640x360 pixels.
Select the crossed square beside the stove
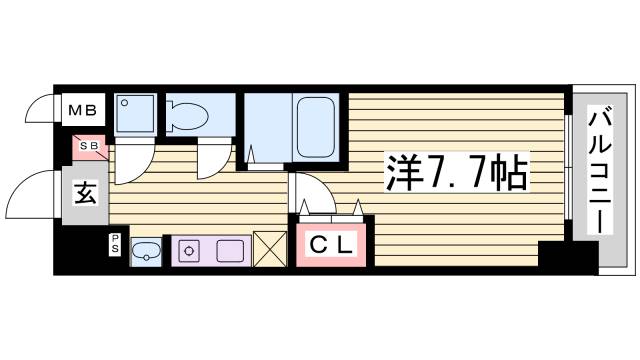tap(270, 248)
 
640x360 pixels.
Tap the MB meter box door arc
tap(40, 108)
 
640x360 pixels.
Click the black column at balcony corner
tap(553, 255)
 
